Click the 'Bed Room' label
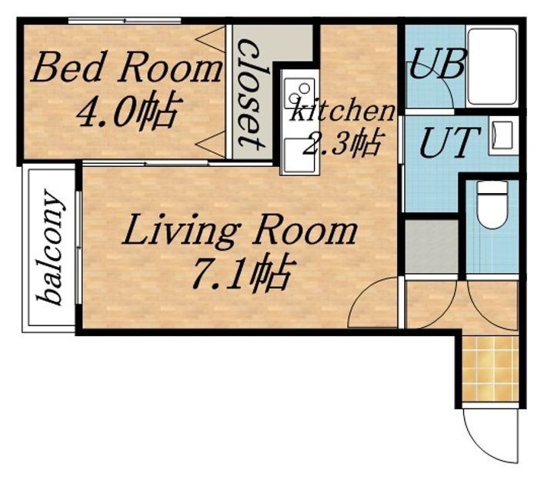click(126, 67)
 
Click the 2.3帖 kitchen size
click(342, 142)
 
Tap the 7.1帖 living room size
click(243, 272)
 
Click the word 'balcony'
click(51, 247)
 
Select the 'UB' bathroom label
click(437, 64)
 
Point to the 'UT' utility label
click(450, 142)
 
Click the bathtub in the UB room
click(492, 65)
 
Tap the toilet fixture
click(492, 205)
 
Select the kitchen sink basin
click(299, 155)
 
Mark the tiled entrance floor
click(490, 369)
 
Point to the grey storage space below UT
click(432, 245)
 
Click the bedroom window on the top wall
click(125, 21)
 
